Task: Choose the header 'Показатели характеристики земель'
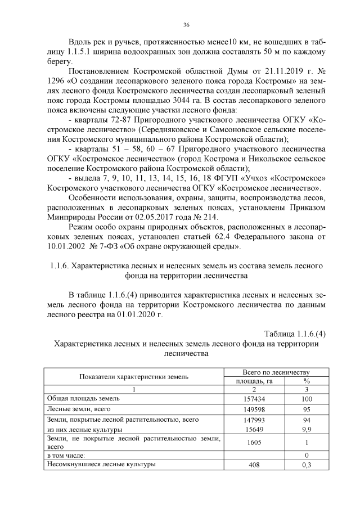tap(134, 377)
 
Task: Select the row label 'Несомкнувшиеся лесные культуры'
tap(101, 465)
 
